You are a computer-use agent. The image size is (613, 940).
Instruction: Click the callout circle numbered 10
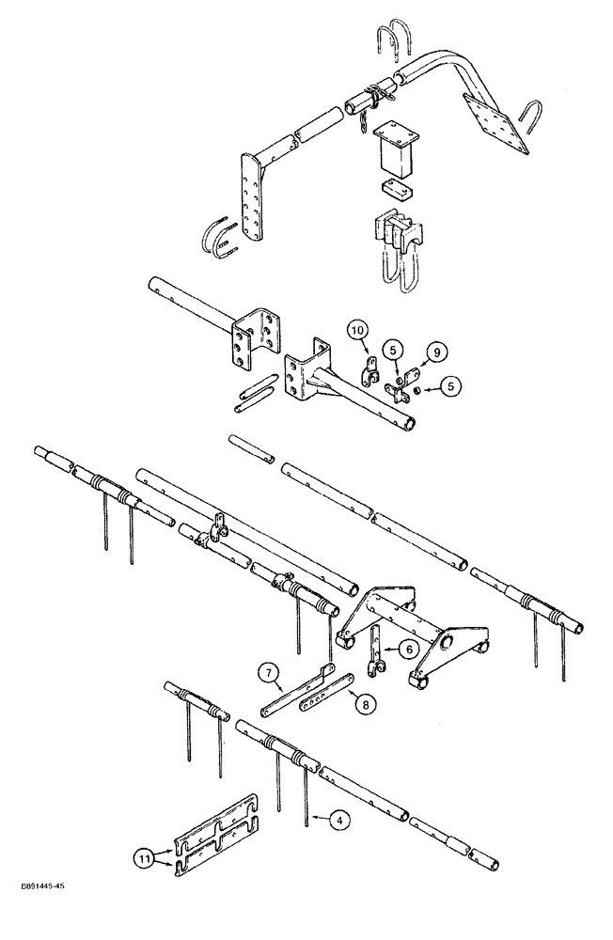tap(358, 331)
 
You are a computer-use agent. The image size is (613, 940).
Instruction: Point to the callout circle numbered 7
tap(269, 672)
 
